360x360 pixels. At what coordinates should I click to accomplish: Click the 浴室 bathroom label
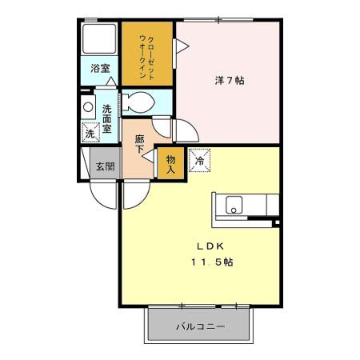pos(101,70)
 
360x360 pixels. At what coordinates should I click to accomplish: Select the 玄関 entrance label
pos(105,166)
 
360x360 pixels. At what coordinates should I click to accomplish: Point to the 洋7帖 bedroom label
pos(230,81)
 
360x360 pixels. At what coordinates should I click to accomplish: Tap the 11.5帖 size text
pos(212,262)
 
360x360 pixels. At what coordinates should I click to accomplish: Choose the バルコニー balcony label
pos(200,326)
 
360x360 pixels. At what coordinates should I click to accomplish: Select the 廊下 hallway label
pos(139,144)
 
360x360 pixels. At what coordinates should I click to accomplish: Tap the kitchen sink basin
pos(234,204)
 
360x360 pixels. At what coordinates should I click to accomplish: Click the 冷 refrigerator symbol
pos(198,160)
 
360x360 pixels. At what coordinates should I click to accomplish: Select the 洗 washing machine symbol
pos(90,132)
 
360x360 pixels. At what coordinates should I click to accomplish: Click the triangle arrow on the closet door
pos(181,48)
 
